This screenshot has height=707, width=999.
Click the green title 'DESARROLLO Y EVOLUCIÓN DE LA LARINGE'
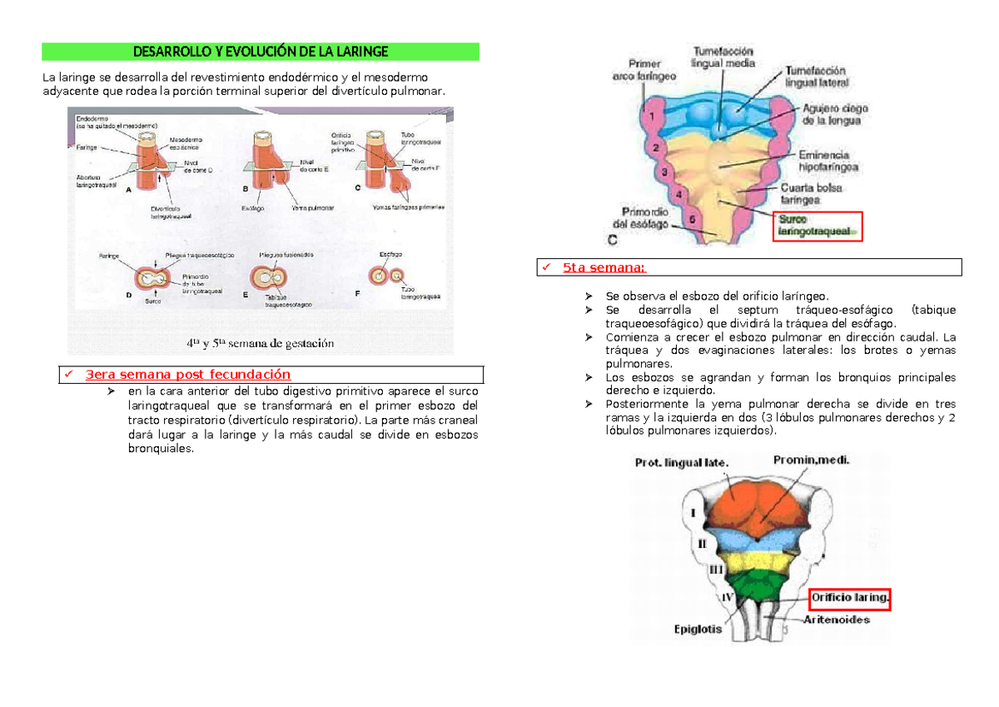click(x=261, y=52)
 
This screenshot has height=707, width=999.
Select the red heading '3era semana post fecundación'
click(x=187, y=374)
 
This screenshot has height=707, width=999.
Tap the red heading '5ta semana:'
click(x=604, y=267)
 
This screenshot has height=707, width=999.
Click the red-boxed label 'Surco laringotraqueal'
click(x=817, y=226)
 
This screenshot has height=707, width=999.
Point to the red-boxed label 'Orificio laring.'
click(x=850, y=598)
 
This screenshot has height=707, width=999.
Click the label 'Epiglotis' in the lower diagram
click(x=698, y=630)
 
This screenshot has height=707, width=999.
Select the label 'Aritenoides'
click(x=837, y=620)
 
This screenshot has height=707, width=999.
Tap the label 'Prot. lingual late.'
click(x=682, y=463)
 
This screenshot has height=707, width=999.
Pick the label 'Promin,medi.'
click(x=812, y=459)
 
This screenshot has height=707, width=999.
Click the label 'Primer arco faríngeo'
click(x=644, y=69)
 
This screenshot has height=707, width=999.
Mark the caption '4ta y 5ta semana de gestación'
click(x=260, y=342)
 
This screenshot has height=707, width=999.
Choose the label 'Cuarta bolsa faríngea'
click(x=811, y=194)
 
